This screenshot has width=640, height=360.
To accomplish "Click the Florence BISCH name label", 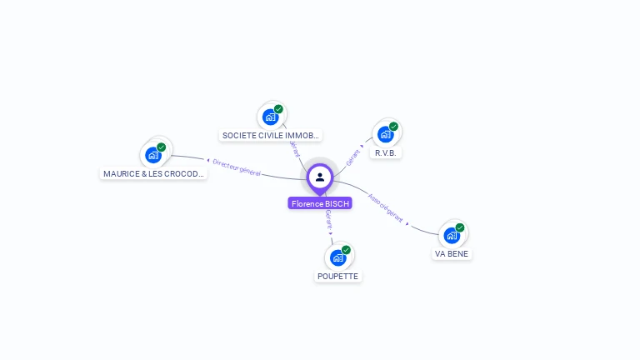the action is [321, 203].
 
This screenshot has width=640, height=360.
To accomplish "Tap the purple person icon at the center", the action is [320, 177].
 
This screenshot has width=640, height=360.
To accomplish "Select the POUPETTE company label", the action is [338, 276].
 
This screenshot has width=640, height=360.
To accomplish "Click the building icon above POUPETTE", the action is [337, 257].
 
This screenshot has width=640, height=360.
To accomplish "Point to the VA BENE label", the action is [452, 253].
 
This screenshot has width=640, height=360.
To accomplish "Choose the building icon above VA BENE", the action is [452, 235].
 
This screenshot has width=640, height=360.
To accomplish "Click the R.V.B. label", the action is [387, 153].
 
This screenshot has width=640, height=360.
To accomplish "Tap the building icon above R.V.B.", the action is [385, 133].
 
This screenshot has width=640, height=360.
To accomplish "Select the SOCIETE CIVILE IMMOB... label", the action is [271, 135].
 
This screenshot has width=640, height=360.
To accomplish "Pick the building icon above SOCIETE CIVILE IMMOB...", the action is [270, 117].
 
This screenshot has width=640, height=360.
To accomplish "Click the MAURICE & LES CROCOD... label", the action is [153, 174].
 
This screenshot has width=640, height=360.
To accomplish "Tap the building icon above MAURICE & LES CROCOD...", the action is [153, 154].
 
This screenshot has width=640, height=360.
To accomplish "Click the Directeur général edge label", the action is [237, 167].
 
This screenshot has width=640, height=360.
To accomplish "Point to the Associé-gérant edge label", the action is [386, 208].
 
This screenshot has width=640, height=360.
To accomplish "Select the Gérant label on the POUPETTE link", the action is [329, 220].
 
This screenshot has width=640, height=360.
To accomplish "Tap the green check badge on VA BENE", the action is [460, 227].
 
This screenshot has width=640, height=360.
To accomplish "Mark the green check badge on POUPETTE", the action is [346, 249].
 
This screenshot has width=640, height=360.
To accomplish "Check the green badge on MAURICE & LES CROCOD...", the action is [162, 147].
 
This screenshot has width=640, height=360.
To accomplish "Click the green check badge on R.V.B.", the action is [393, 127].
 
